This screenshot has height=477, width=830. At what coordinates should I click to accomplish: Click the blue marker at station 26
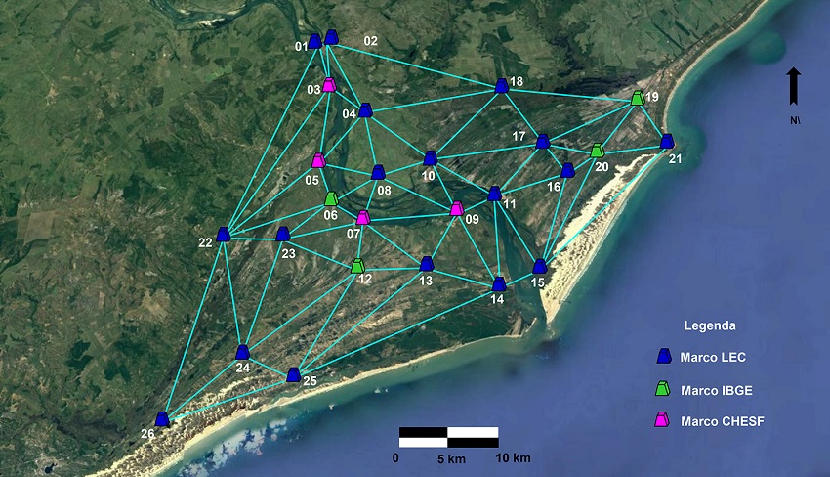162,419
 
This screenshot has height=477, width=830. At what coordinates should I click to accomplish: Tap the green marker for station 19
638,98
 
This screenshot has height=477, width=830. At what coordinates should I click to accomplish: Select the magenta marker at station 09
456,208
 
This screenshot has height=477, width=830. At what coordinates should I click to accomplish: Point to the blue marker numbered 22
224,234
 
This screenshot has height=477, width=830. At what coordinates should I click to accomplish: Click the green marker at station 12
357,265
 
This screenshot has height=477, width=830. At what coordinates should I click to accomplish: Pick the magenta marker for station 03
330,85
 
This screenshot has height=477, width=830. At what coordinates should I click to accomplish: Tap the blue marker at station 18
502,86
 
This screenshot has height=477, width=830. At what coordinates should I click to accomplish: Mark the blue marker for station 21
667,141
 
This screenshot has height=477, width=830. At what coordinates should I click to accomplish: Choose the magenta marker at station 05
318,160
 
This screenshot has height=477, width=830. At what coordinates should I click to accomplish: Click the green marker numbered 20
597,151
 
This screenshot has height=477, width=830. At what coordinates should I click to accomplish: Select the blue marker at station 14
499,284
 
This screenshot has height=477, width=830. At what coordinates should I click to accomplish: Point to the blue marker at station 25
293,374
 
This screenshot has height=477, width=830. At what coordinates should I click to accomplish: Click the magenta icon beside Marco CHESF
664,419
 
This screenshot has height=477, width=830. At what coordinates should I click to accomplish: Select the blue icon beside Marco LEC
664,357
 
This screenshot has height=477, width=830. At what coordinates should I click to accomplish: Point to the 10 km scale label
514,458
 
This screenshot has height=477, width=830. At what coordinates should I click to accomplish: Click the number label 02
370,41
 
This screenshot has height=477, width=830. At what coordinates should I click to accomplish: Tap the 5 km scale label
450,458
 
